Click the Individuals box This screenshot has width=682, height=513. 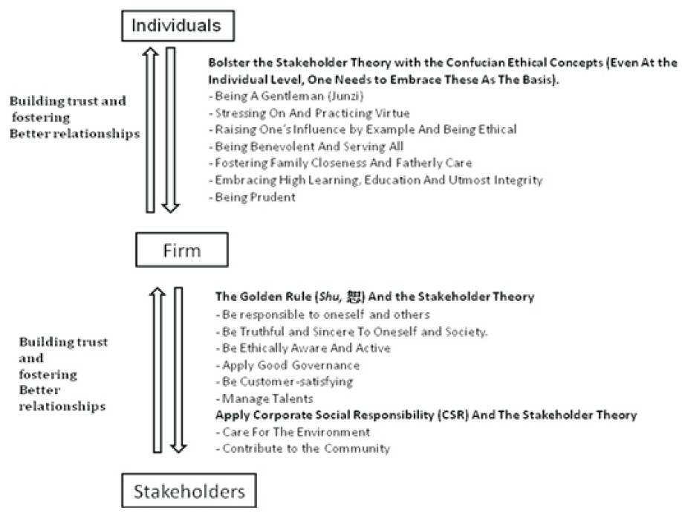pyautogui.click(x=178, y=26)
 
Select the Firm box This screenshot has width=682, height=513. pyautogui.click(x=182, y=250)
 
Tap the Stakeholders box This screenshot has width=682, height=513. pyautogui.click(x=189, y=491)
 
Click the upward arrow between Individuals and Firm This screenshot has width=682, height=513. pyautogui.click(x=151, y=129)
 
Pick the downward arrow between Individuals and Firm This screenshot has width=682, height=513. pyautogui.click(x=171, y=129)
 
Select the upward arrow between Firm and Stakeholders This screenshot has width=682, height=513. pyautogui.click(x=157, y=370)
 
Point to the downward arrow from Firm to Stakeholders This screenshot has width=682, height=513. pyautogui.click(x=178, y=370)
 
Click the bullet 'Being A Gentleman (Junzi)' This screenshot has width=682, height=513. pyautogui.click(x=286, y=96)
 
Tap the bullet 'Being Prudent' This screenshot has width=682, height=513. pyautogui.click(x=253, y=197)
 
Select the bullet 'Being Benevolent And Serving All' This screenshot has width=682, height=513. pyautogui.click(x=306, y=146)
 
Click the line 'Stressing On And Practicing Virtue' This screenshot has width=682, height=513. pyautogui.click(x=309, y=113)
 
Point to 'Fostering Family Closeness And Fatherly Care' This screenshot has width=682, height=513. pyautogui.click(x=340, y=163)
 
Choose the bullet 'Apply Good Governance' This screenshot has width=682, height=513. pyautogui.click(x=288, y=365)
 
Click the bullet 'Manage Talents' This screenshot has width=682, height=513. pyautogui.click(x=264, y=399)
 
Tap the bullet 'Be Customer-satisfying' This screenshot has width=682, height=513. pyautogui.click(x=285, y=381)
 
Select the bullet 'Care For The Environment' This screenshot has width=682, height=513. pyautogui.click(x=293, y=432)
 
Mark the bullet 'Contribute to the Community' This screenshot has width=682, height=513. pyautogui.click(x=303, y=448)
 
